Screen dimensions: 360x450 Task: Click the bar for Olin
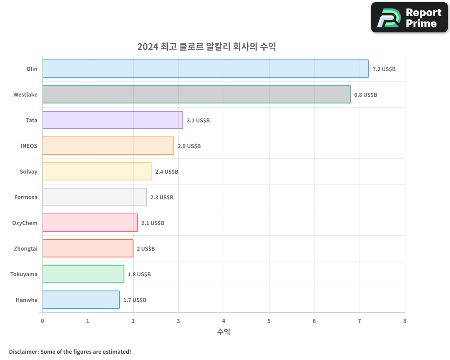click(x=205, y=69)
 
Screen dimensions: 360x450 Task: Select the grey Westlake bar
click(x=196, y=94)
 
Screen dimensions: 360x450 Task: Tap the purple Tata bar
click(x=112, y=120)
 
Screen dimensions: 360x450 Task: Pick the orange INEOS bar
click(x=108, y=146)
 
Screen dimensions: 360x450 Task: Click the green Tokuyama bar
click(x=83, y=274)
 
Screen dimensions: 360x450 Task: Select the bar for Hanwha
click(x=81, y=300)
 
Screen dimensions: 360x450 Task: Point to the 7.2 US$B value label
click(x=384, y=69)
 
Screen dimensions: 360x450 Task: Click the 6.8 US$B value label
click(x=365, y=94)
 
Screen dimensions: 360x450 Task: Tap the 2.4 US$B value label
click(x=166, y=171)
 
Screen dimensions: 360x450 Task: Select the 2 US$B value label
click(x=146, y=248)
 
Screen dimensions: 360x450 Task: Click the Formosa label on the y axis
click(x=26, y=197)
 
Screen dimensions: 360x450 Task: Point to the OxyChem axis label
click(x=25, y=223)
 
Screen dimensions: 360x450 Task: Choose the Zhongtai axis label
click(x=25, y=248)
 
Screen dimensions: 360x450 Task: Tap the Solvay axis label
click(x=28, y=171)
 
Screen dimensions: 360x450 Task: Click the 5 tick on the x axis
click(x=269, y=321)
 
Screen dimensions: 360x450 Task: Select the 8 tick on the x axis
click(x=405, y=321)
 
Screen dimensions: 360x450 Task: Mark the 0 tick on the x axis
click(x=43, y=321)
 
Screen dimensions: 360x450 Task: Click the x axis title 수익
click(x=224, y=332)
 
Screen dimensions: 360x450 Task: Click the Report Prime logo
click(x=409, y=18)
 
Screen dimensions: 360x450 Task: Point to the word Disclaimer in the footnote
click(x=23, y=351)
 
